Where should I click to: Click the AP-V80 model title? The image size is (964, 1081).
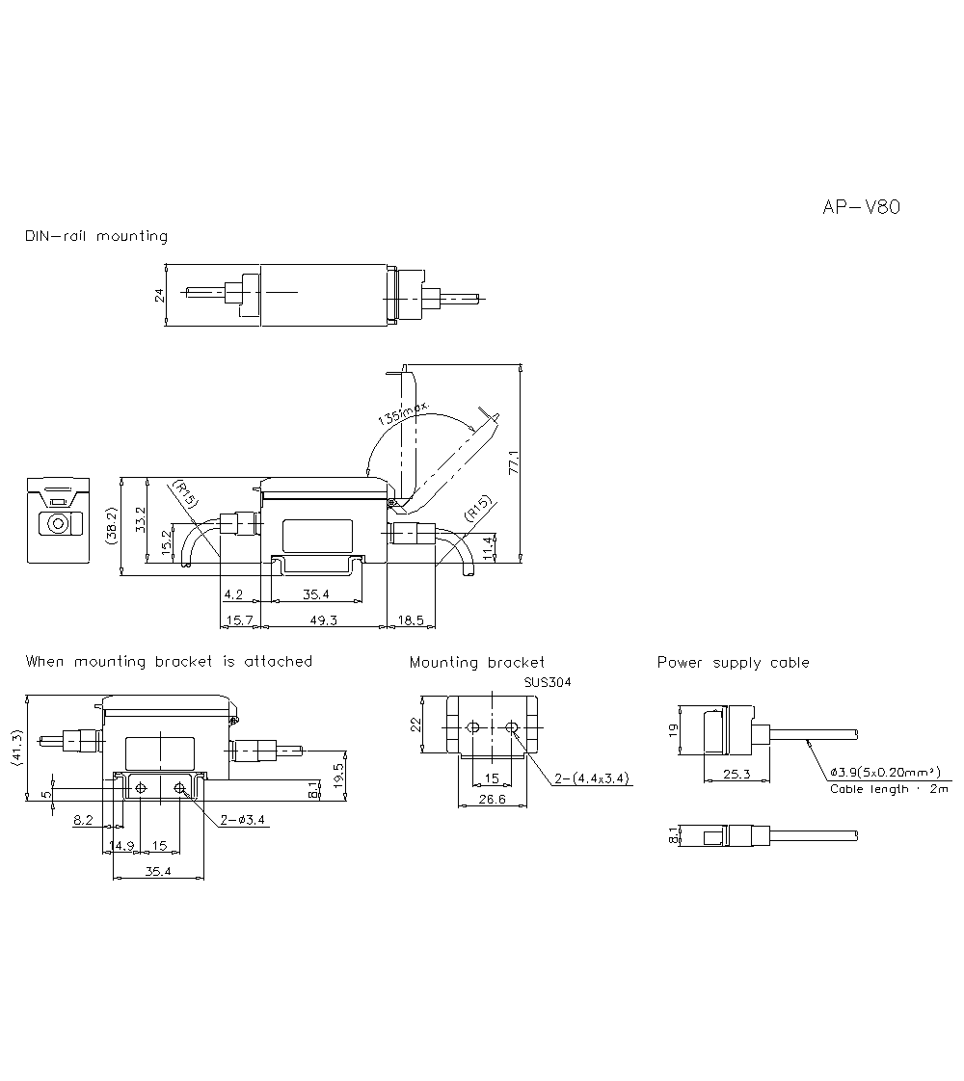(x=861, y=207)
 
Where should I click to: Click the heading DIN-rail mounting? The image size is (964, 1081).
(x=96, y=236)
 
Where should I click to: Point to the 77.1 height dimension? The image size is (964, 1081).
(x=514, y=462)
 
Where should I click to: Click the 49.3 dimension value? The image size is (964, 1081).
(x=323, y=621)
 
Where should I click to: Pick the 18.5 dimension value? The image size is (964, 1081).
(x=411, y=621)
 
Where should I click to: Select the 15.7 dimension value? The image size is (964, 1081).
(x=239, y=621)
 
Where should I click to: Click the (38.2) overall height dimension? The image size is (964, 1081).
(x=112, y=527)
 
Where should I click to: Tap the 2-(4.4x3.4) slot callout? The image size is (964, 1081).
(x=593, y=778)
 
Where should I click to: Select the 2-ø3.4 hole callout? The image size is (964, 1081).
(x=243, y=820)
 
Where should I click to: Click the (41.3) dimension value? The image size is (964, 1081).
(x=16, y=749)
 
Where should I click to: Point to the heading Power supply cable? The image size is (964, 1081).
(x=733, y=663)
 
